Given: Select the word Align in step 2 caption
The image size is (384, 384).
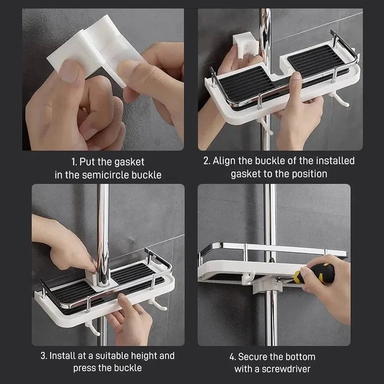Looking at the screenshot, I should (x=225, y=161).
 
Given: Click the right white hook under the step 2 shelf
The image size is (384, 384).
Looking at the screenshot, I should (x=340, y=99).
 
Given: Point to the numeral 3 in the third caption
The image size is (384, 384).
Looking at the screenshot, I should (x=43, y=356).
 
